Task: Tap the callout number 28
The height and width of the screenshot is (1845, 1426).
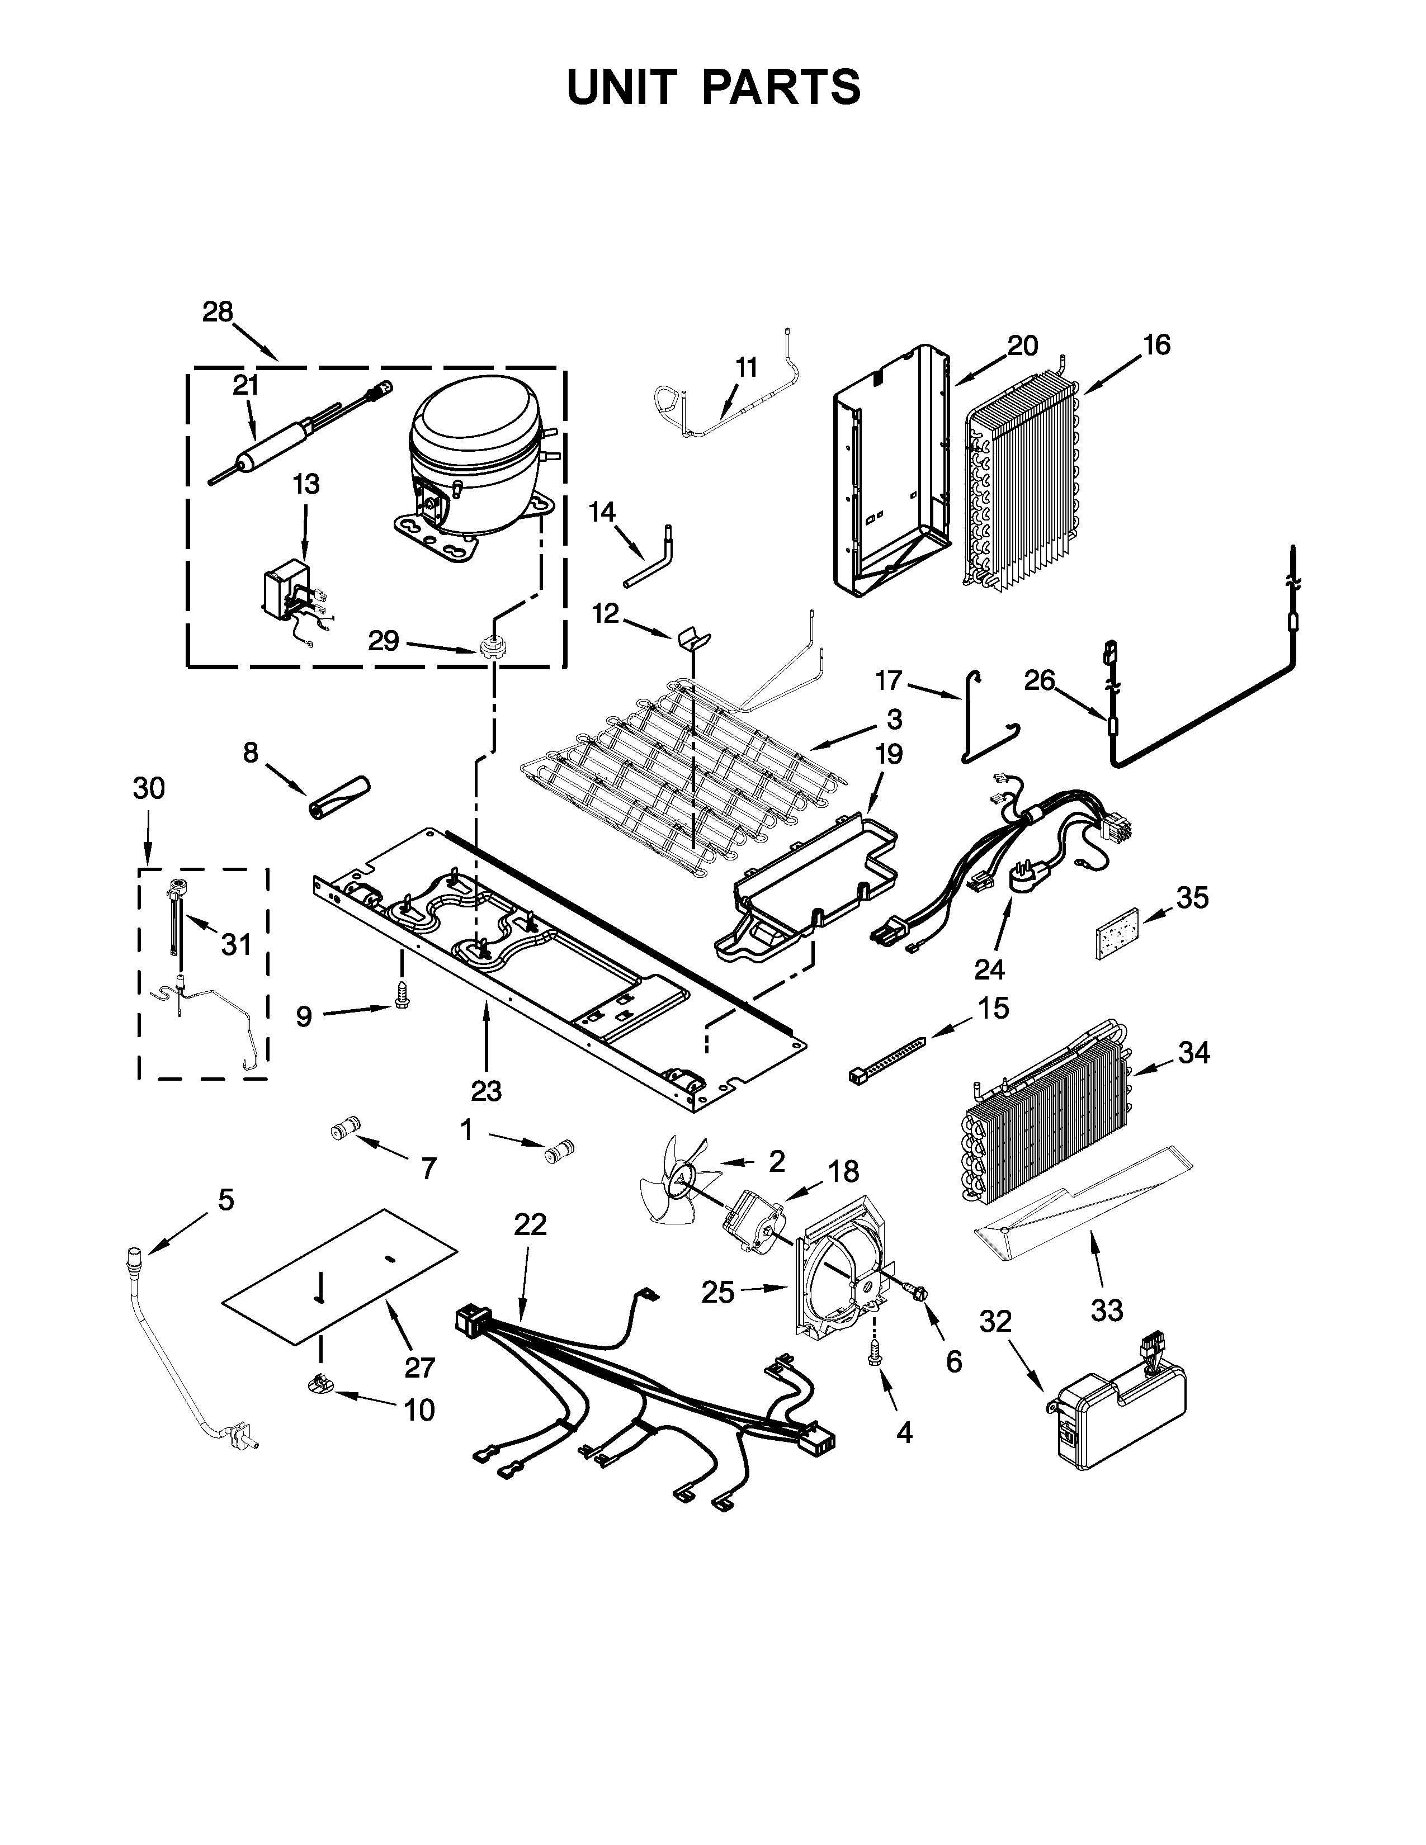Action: click(x=217, y=312)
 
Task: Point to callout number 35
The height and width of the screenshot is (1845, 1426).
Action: click(x=1192, y=898)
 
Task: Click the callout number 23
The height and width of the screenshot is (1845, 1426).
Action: click(x=487, y=1091)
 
